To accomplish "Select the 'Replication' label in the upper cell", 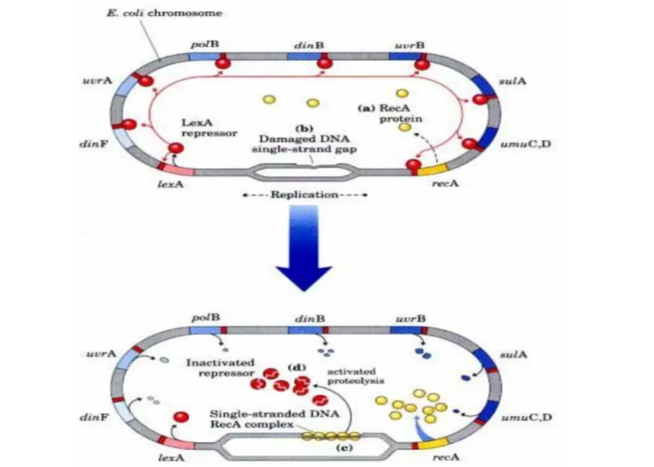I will coord(305,194).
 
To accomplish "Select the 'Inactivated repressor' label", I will coord(221,367).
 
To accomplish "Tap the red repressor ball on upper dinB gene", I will coord(324,62).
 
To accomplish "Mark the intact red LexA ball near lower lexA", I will coord(181,418).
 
